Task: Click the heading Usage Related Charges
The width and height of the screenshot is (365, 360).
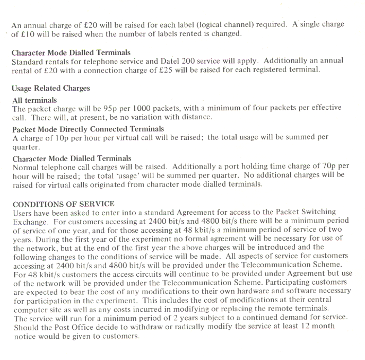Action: [x=51, y=89]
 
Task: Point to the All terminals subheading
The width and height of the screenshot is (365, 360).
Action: [x=34, y=100]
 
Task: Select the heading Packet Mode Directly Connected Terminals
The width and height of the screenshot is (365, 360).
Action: [x=88, y=129]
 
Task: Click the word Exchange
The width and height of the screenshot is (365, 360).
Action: [x=29, y=222]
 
